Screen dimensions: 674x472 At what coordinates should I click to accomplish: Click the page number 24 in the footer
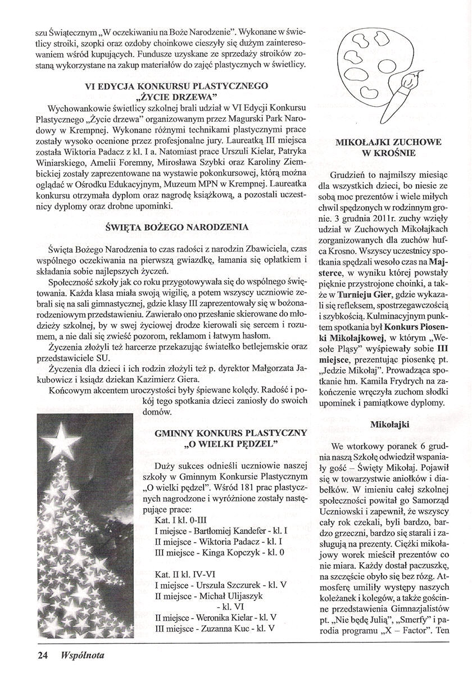(42, 655)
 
